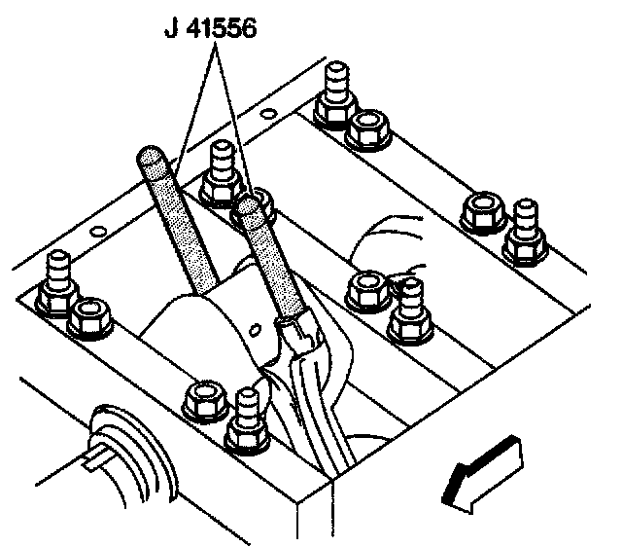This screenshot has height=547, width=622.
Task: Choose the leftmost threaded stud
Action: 58,277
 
